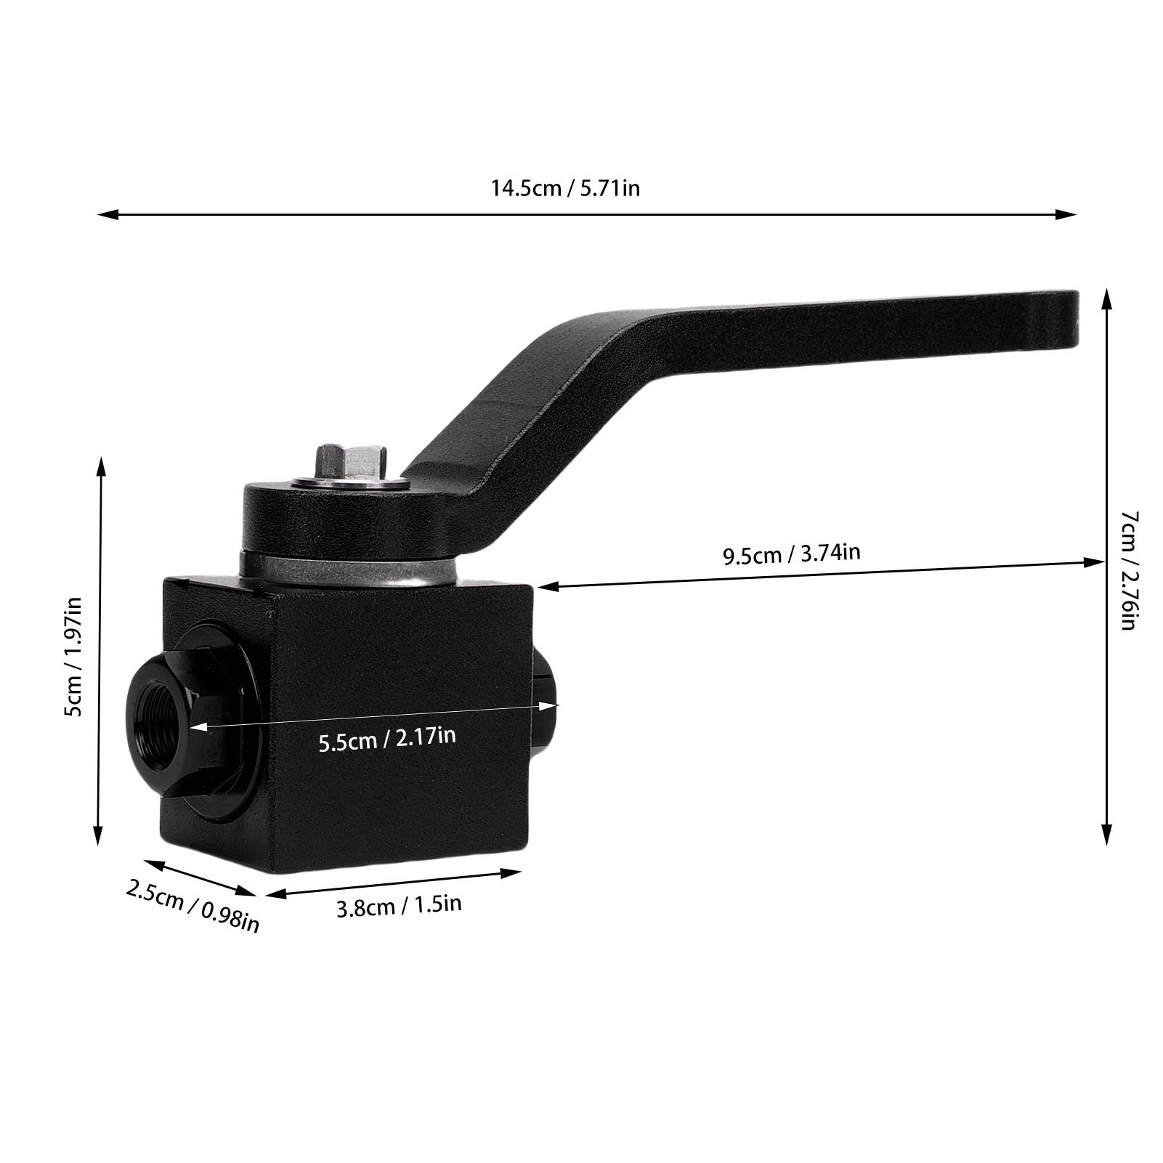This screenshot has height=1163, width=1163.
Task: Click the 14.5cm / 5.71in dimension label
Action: point(566,188)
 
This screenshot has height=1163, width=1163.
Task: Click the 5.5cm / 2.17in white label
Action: point(387,737)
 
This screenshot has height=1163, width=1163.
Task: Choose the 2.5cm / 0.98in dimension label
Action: point(193,905)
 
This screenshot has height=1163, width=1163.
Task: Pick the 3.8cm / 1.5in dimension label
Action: point(400,906)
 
